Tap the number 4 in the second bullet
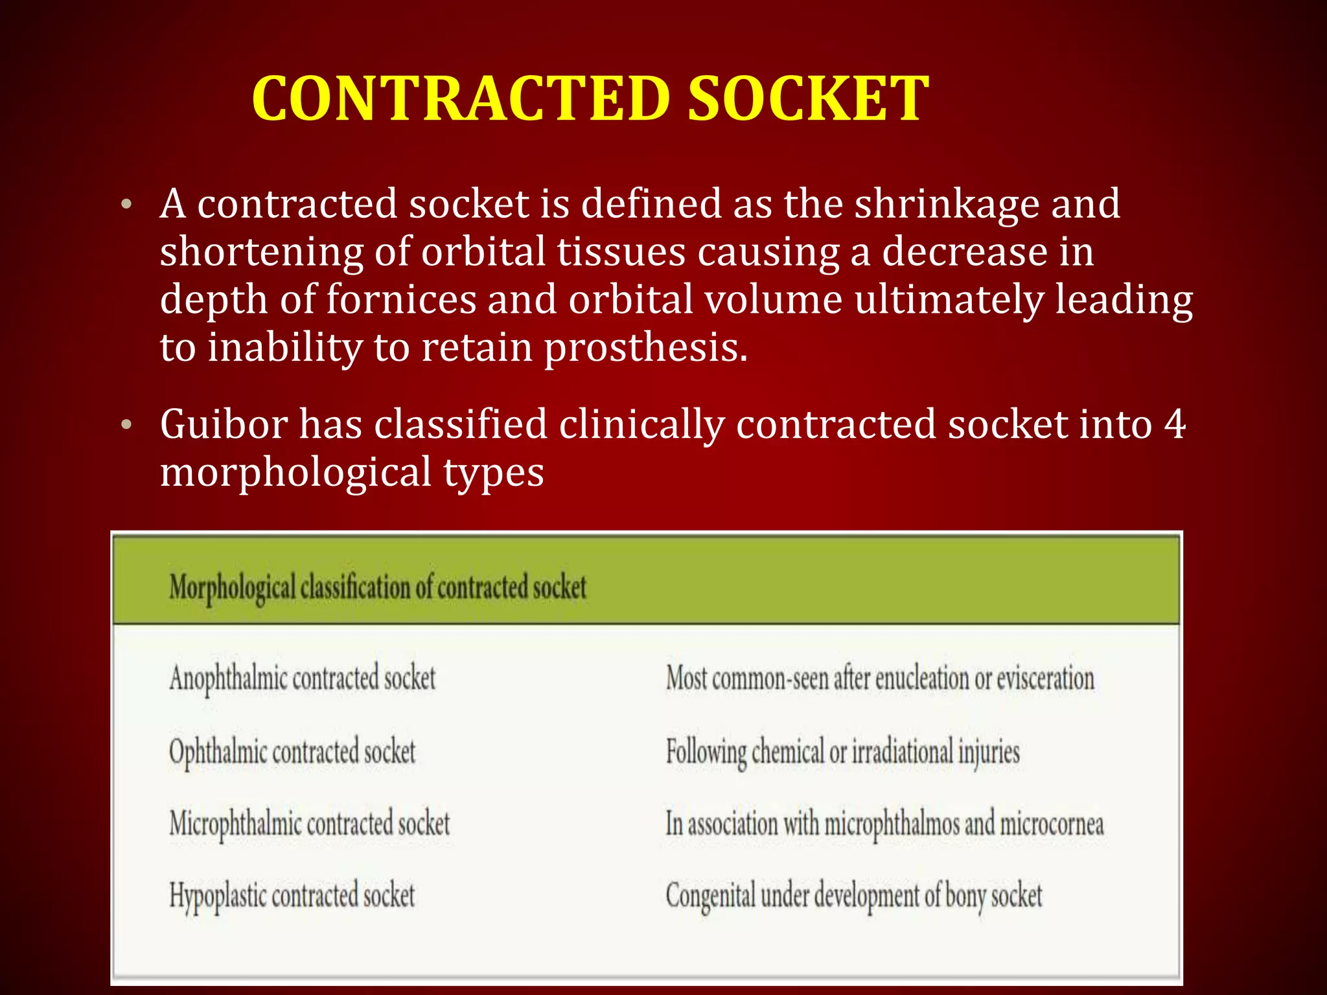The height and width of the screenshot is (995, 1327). (1174, 425)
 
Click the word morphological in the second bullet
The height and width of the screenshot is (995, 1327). (295, 473)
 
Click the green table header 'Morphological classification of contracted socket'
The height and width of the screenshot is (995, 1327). (378, 587)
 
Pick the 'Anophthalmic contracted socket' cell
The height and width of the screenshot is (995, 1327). (303, 679)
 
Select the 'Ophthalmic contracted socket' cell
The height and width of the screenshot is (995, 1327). (292, 752)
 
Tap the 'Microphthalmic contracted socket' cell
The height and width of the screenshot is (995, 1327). (310, 824)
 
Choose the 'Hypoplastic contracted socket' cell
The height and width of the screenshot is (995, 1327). (292, 896)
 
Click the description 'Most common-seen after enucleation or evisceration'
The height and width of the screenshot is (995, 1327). (880, 679)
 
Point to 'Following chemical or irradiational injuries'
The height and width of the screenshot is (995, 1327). (843, 752)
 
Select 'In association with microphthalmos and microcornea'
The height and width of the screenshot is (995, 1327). (884, 824)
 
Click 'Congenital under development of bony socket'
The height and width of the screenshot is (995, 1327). (854, 896)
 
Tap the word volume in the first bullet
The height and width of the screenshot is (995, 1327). (773, 300)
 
